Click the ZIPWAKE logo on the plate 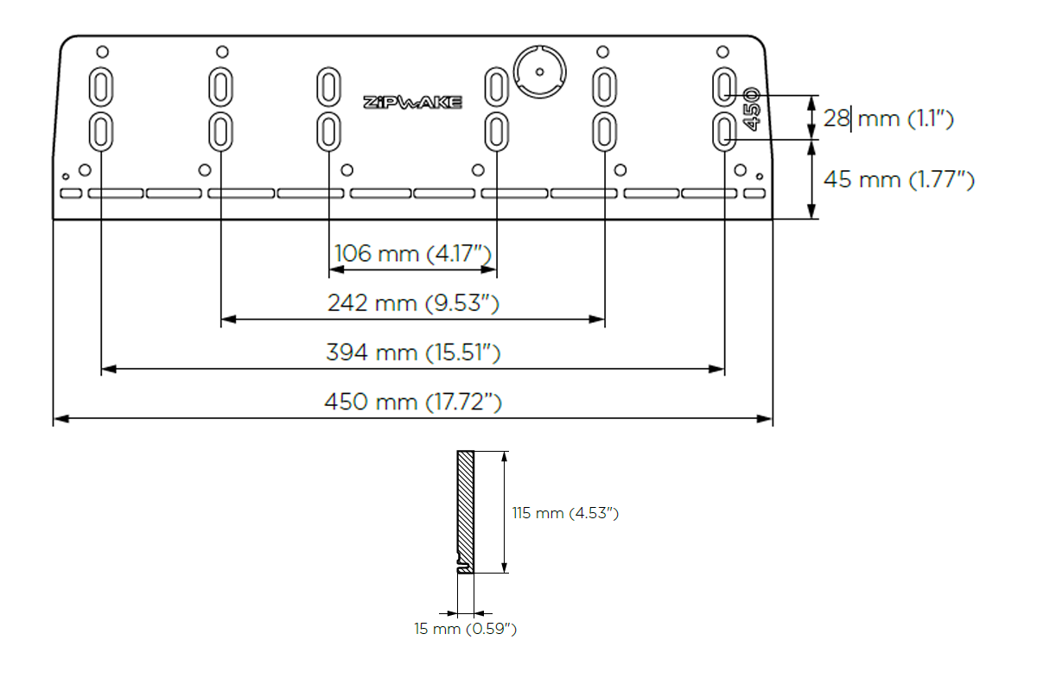tap(412, 102)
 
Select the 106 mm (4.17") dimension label tap(412, 254)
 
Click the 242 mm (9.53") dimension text tap(413, 303)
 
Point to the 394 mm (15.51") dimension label tap(413, 352)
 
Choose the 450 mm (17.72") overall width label tap(413, 402)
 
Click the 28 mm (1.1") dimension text tap(888, 118)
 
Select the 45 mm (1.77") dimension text tap(899, 180)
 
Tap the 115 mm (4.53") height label tap(565, 513)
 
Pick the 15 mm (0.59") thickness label tap(465, 629)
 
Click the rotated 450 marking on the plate tap(750, 109)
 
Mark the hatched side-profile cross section tap(466, 510)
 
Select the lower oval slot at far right tap(724, 131)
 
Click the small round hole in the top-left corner tap(101, 52)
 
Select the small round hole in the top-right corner tap(724, 52)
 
